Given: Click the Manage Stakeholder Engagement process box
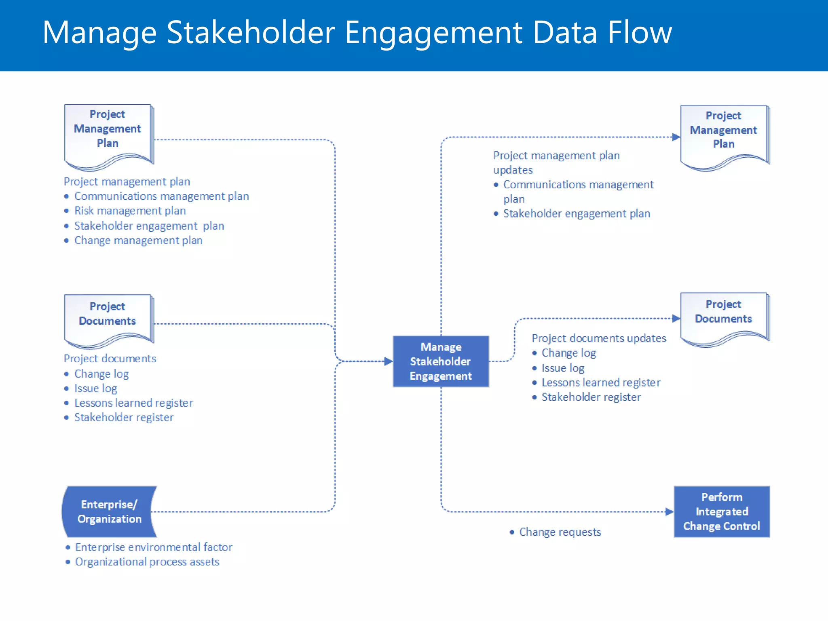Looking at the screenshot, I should (x=441, y=361).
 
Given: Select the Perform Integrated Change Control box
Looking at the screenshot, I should (x=722, y=511).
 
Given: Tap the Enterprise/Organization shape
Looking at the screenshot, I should (x=109, y=511).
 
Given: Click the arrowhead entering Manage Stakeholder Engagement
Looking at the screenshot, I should (x=389, y=361).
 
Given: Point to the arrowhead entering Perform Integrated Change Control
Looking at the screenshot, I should (x=670, y=511).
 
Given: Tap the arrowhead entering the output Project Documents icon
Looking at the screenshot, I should (x=676, y=318).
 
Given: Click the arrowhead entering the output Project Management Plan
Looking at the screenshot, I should (x=676, y=137).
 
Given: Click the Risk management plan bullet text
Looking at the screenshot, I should (x=130, y=211).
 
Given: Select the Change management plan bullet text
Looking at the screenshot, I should (x=138, y=240).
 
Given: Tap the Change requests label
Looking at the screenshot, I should (x=560, y=532).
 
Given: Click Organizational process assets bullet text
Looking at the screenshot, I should (x=147, y=562).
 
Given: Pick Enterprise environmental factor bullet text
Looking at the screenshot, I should (x=154, y=547).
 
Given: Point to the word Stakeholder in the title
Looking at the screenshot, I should (x=251, y=32).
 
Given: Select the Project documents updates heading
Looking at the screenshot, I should (x=599, y=338).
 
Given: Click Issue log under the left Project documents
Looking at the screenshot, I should (x=95, y=388).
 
